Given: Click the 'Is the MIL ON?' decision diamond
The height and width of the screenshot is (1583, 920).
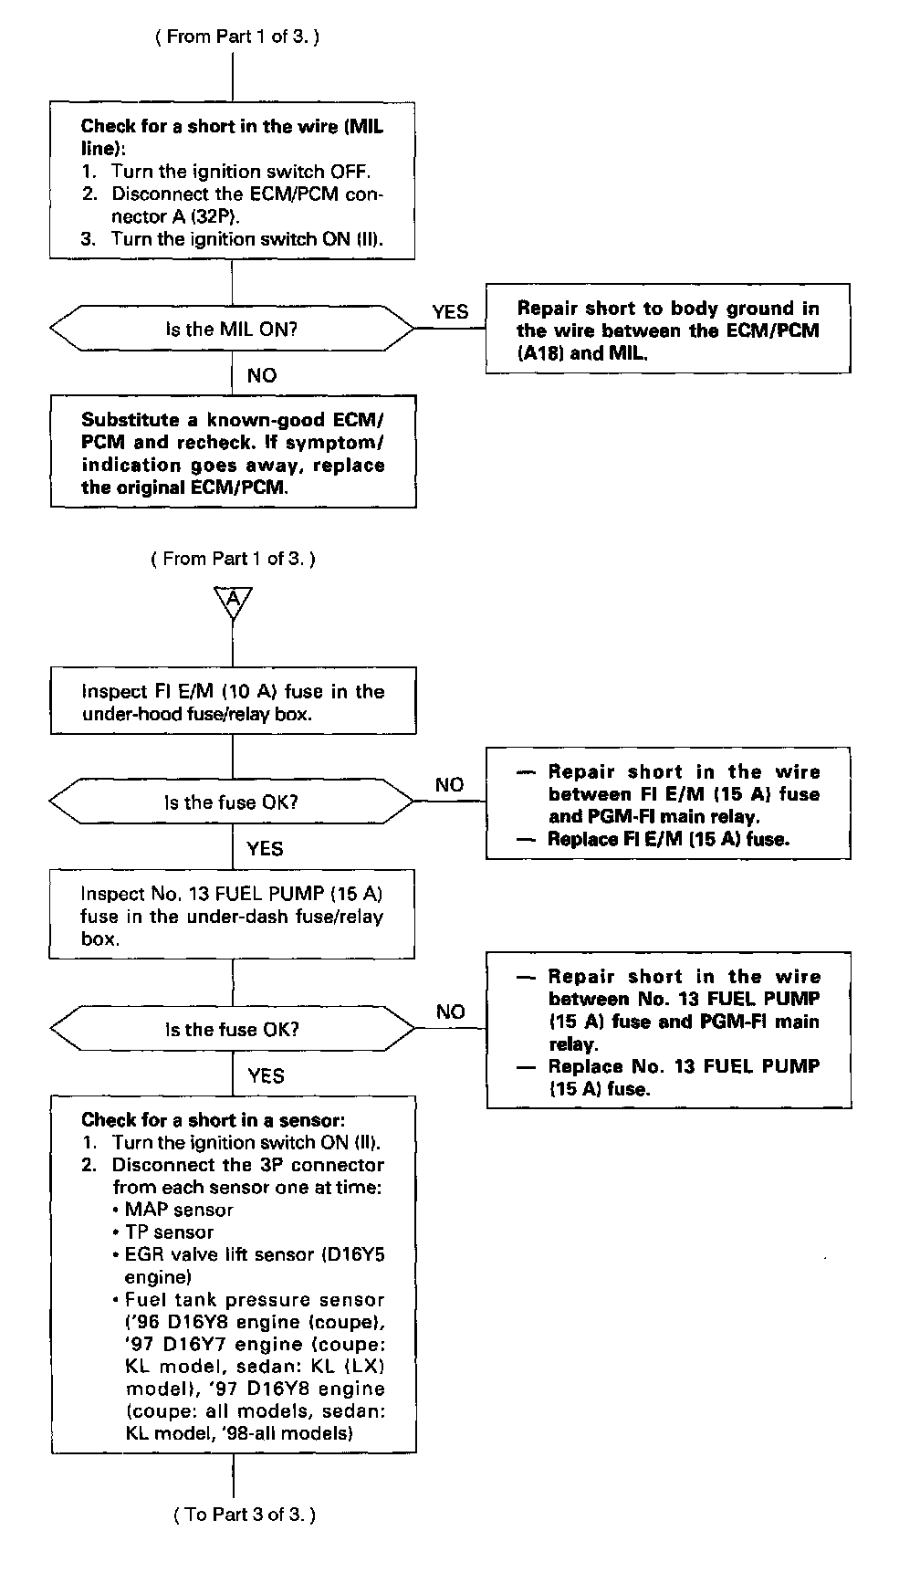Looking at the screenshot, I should [x=232, y=330].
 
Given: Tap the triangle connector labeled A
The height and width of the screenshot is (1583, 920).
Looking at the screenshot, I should [x=233, y=601].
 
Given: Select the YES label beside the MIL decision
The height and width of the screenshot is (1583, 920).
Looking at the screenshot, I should [x=450, y=312].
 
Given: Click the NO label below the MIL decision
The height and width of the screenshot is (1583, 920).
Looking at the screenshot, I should [x=262, y=375].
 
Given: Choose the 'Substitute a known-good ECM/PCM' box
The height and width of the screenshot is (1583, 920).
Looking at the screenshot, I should [x=233, y=452].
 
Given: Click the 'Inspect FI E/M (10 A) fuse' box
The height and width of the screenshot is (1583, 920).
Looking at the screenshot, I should [x=233, y=701].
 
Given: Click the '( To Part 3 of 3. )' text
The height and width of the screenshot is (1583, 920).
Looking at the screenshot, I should [x=244, y=1515].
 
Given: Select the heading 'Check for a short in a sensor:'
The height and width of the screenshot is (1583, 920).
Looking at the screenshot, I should [x=213, y=1119].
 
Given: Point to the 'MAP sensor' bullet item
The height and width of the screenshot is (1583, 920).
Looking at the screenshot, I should [x=179, y=1210].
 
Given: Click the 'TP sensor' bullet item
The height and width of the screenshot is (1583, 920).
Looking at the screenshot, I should [x=169, y=1232].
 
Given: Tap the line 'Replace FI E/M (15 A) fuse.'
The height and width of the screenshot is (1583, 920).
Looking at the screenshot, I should [x=667, y=839].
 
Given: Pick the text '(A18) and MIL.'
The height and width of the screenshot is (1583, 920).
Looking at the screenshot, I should [x=582, y=353].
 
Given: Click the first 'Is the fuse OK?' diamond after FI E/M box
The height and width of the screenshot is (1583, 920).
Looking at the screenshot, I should [x=232, y=802].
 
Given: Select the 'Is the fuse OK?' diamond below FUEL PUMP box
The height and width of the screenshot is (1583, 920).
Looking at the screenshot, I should [x=232, y=1029].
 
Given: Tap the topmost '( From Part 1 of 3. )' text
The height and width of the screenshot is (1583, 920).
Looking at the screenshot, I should [x=237, y=37].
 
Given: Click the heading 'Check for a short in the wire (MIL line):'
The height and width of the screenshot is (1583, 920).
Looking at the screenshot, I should [x=232, y=137].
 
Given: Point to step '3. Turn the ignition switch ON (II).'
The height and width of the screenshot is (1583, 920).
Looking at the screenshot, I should [x=232, y=239].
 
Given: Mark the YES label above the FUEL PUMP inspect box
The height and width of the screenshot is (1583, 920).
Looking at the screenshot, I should [x=266, y=849].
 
